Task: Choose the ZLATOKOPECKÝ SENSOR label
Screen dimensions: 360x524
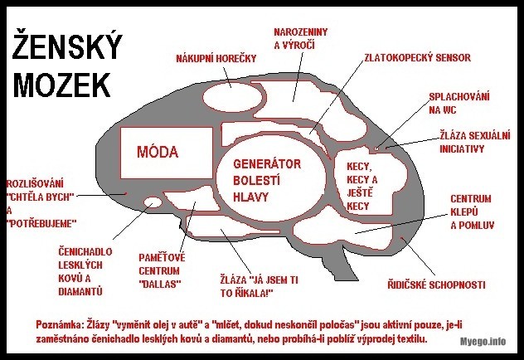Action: click(417, 59)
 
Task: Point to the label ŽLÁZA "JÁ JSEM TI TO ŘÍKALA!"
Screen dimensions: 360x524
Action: click(258, 286)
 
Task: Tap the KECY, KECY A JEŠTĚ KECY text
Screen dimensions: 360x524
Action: click(361, 185)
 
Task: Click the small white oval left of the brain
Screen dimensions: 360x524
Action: click(153, 202)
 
